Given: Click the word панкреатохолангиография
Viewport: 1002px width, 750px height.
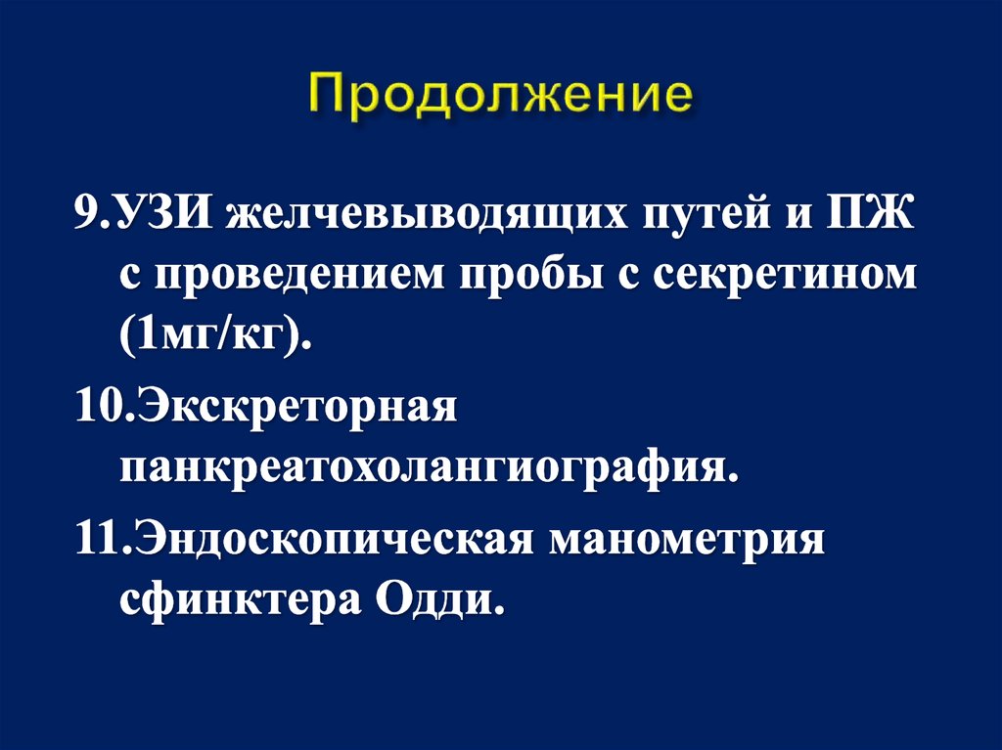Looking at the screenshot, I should click(x=427, y=467).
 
